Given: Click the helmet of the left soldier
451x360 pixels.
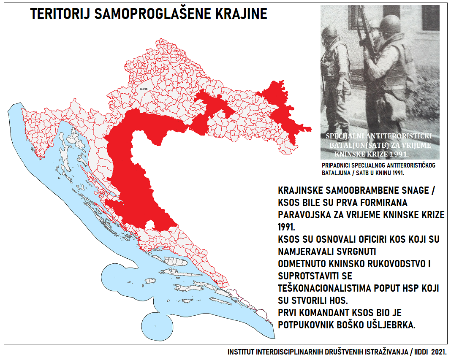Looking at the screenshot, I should tap(329, 33).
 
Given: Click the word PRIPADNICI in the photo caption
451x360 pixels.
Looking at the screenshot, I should tap(335, 166).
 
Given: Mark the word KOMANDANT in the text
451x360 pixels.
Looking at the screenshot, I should tap(330, 313).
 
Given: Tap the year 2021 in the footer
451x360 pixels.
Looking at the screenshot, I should tap(439, 352).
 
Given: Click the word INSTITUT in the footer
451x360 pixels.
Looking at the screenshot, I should tap(241, 352).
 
